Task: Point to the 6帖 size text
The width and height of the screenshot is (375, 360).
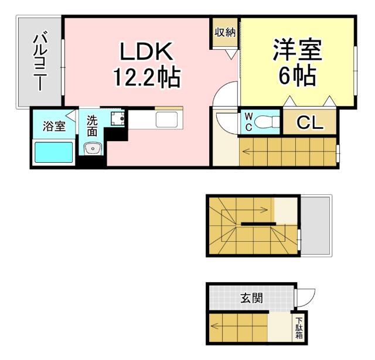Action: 298,76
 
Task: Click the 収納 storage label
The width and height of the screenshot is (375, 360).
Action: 225,33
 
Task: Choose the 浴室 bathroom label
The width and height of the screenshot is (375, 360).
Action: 53,125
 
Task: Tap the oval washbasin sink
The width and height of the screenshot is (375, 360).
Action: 93,149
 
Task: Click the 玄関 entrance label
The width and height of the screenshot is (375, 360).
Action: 251,298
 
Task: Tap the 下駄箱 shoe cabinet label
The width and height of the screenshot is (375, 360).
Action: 299,328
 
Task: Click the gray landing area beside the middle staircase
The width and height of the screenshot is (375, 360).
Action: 316,226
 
